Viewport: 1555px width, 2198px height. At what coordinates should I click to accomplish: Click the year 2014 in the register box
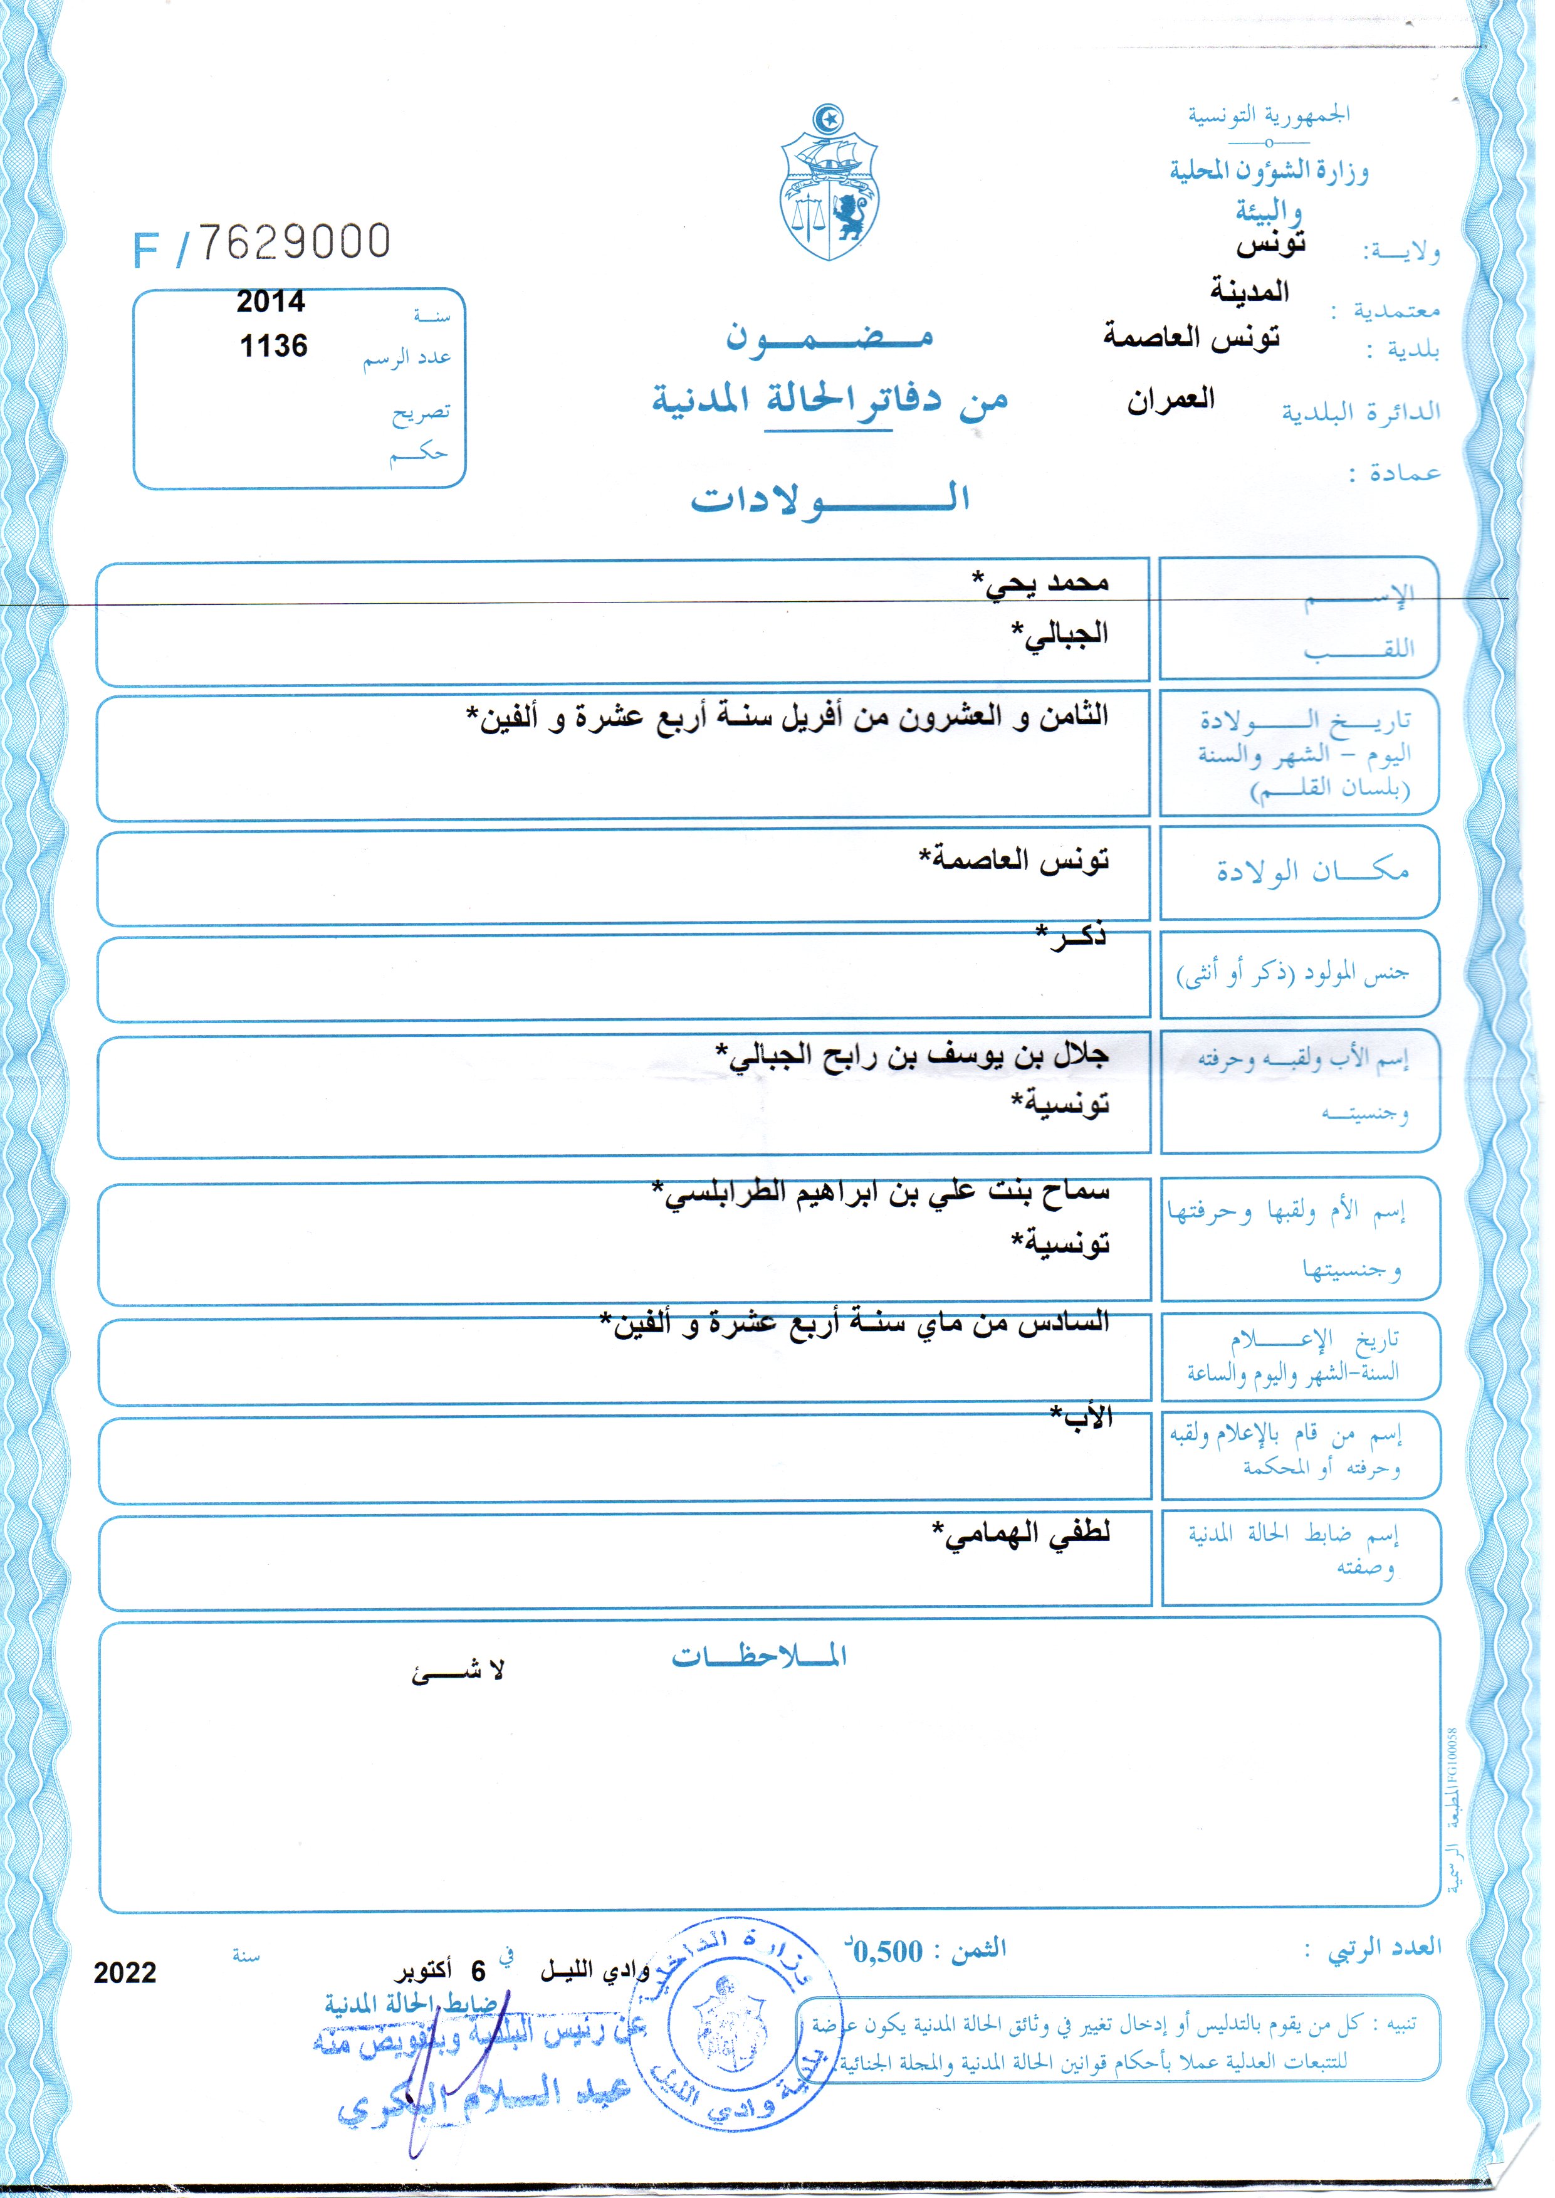click(270, 302)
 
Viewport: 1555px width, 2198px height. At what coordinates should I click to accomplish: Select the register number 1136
click(274, 345)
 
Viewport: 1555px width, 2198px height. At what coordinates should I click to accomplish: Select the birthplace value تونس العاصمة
click(1015, 858)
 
